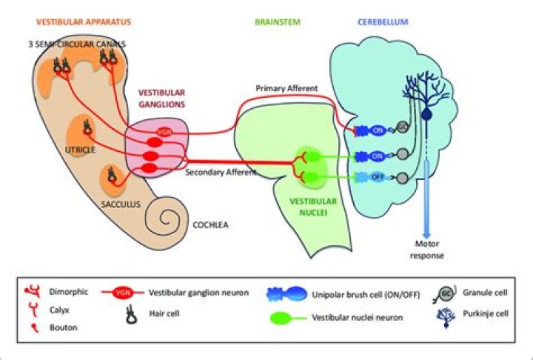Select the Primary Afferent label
coord(286,88)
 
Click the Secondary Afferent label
coord(221,172)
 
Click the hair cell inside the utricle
coord(87,130)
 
